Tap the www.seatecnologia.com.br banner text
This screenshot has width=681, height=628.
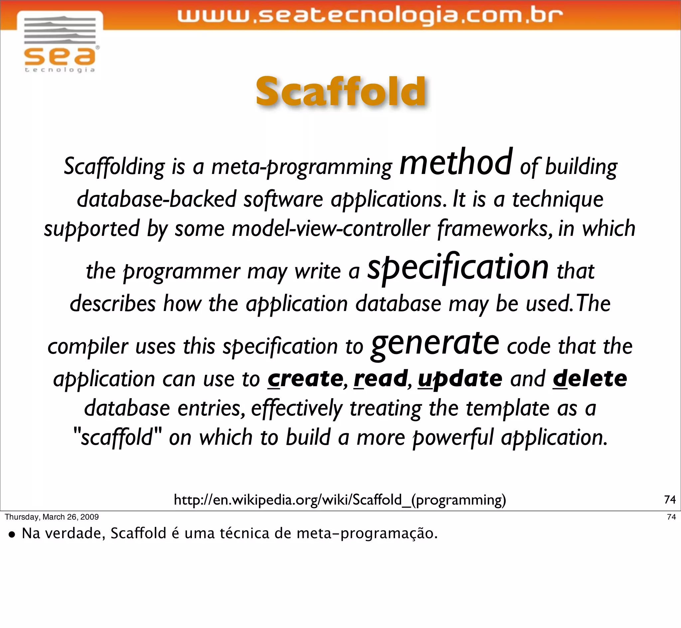[369, 16]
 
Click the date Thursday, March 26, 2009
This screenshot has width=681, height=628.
[52, 517]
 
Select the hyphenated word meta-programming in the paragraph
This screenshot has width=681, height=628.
[301, 167]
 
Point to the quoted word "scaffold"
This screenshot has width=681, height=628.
[117, 437]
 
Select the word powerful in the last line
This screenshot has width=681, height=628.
[453, 437]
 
